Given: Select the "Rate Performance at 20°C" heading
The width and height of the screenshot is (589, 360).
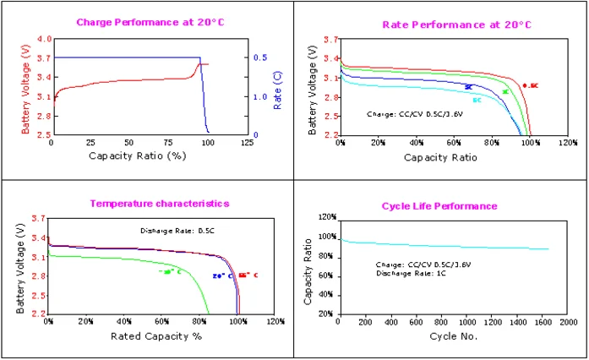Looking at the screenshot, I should click(x=444, y=25).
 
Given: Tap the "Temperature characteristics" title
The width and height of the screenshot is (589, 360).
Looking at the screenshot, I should click(x=160, y=204).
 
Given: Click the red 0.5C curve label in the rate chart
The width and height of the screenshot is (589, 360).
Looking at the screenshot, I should click(x=530, y=85).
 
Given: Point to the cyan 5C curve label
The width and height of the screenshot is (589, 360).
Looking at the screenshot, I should click(x=477, y=101).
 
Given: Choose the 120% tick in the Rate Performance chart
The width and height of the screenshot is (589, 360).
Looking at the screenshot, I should click(x=567, y=143).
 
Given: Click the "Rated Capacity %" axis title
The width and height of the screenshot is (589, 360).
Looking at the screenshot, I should click(x=156, y=335).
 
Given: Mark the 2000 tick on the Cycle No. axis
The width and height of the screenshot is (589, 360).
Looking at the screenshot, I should click(x=568, y=322).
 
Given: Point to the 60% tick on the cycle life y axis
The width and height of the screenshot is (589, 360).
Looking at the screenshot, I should click(x=325, y=275).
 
